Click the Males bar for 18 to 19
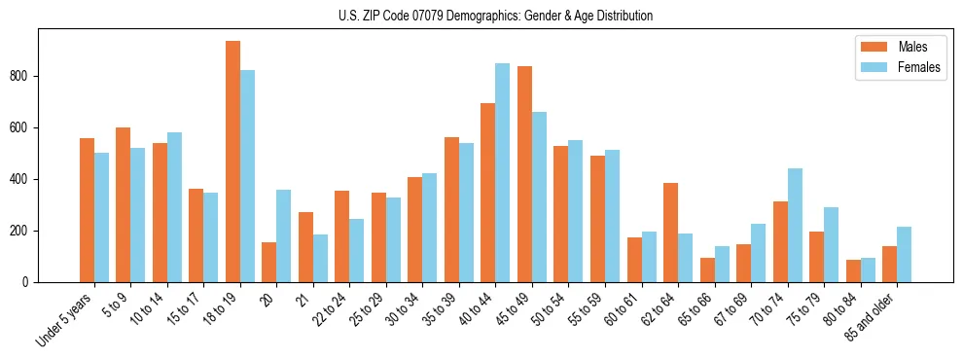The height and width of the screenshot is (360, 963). pos(232,162)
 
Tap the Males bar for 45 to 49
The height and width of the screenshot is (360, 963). pos(524,174)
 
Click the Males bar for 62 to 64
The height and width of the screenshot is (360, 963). pos(670,233)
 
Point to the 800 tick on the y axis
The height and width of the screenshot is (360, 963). pos(38,76)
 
